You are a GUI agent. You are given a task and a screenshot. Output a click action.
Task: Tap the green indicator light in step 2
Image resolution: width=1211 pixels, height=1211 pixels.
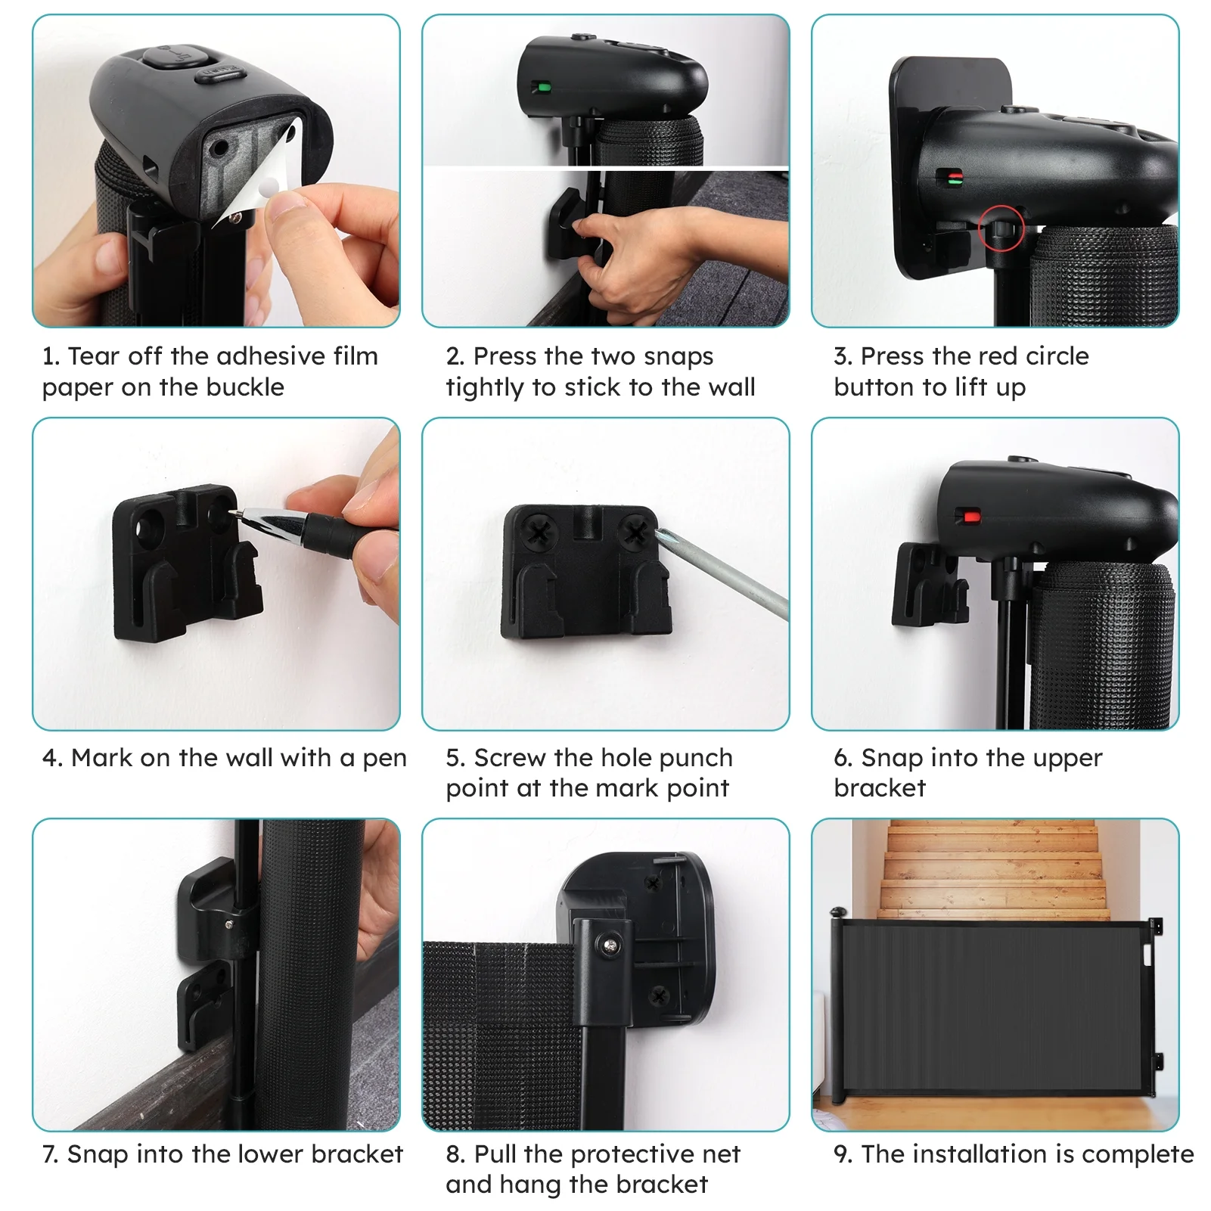pyautogui.click(x=542, y=87)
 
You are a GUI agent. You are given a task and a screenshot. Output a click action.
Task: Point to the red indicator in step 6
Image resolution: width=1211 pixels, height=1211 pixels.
pyautogui.click(x=970, y=517)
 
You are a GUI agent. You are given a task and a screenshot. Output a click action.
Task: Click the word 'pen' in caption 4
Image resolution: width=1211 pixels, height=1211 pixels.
pyautogui.click(x=384, y=759)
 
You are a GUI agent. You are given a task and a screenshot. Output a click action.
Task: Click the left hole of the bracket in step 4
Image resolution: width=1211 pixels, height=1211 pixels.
pyautogui.click(x=150, y=521)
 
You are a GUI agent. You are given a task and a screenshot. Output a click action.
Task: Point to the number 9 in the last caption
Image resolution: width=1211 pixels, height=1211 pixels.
pyautogui.click(x=842, y=1154)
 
